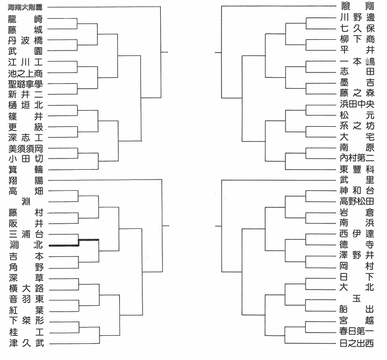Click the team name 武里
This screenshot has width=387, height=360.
(357, 180)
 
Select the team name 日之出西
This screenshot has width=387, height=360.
(357, 343)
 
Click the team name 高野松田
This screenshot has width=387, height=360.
(357, 201)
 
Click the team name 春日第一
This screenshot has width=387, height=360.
(357, 332)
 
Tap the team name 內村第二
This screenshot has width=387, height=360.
(357, 158)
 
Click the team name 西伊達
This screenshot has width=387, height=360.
(357, 234)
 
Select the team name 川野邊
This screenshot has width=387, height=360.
(357, 18)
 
